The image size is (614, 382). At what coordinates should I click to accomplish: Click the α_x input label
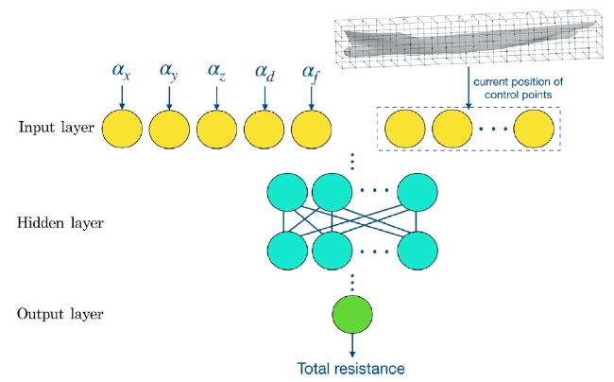121,71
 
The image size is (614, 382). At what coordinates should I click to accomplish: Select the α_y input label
169,72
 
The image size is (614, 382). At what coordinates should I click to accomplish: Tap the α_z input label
216,71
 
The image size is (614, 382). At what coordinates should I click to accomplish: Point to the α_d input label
264,71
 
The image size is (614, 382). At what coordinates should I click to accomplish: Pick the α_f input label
312,73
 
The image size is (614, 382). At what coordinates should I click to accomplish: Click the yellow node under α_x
122,129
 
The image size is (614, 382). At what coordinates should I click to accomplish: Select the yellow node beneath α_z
216,129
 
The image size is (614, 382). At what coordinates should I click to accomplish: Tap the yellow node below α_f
312,129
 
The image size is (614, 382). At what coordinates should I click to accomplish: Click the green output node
352,314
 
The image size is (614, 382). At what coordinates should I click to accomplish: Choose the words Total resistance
350,369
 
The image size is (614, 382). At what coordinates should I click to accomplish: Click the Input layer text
57,128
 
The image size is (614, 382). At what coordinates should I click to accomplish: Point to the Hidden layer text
60,222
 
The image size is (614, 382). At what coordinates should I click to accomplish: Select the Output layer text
60,314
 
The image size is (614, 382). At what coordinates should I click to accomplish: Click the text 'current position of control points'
518,88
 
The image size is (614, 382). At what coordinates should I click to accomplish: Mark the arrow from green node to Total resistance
352,345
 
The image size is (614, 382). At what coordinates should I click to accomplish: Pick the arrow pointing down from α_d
264,98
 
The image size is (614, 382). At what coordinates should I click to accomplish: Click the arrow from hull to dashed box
469,87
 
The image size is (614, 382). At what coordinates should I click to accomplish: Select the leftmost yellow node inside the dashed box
405,129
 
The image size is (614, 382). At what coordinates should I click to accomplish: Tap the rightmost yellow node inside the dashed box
534,129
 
